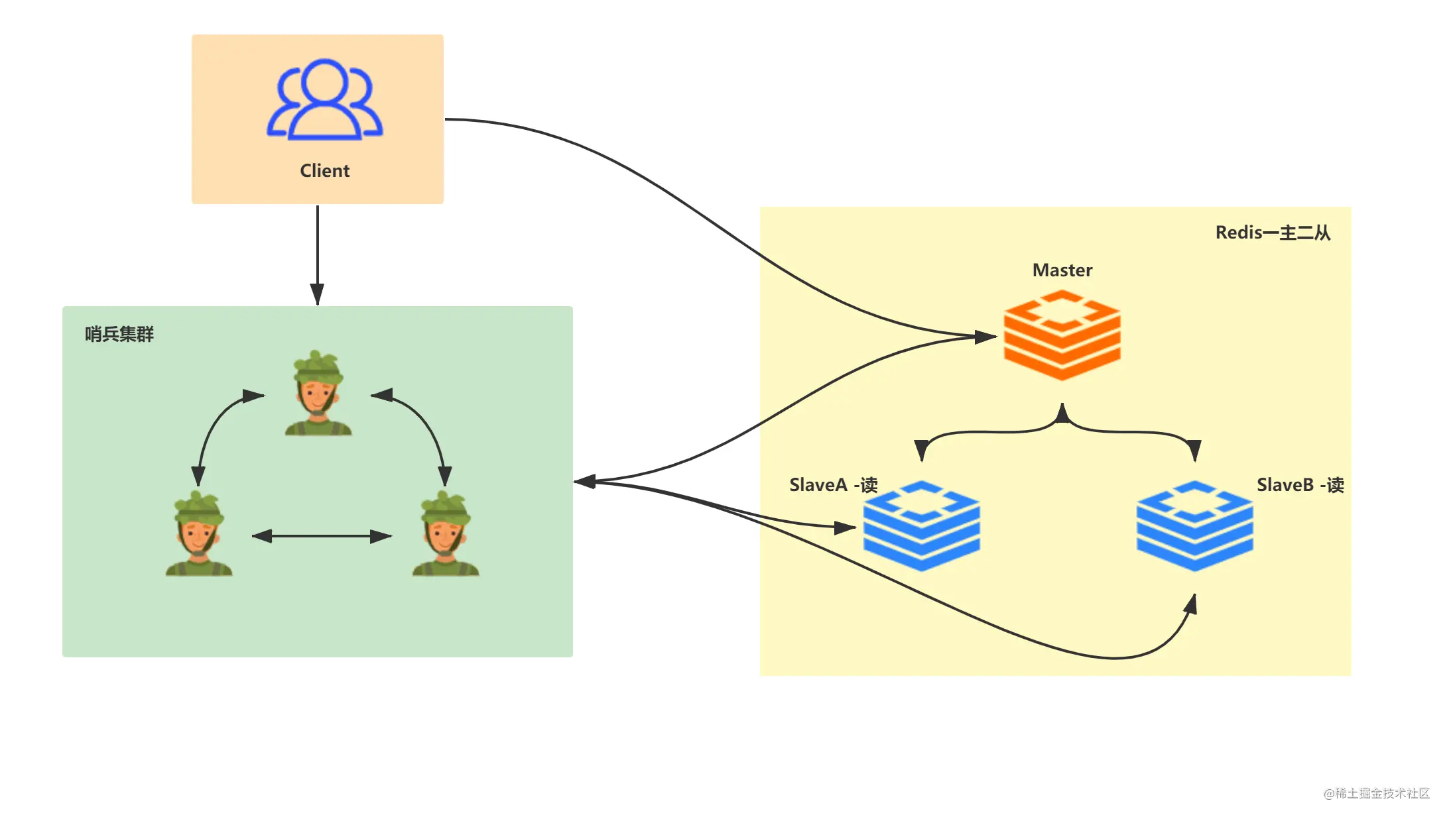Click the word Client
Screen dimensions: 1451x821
[324, 171]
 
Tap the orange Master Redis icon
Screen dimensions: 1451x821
[1062, 335]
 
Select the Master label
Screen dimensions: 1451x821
[1062, 270]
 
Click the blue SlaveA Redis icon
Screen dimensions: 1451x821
[921, 525]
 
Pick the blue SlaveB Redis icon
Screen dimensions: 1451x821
[1194, 525]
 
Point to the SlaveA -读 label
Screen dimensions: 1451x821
[833, 485]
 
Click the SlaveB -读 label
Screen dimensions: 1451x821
[1300, 485]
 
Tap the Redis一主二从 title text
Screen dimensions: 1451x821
[1273, 233]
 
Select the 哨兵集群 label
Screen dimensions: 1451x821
[119, 334]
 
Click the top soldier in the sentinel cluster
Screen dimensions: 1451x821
[318, 392]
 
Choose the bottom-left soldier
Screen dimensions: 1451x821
[199, 533]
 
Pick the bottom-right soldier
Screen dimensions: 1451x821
[446, 533]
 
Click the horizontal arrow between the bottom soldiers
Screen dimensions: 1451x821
[322, 536]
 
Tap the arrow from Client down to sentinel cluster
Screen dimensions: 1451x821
[318, 255]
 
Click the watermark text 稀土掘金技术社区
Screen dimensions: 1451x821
[1382, 793]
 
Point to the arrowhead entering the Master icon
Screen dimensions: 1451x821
[985, 337]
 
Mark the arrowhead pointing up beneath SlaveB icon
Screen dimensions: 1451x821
[1191, 604]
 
